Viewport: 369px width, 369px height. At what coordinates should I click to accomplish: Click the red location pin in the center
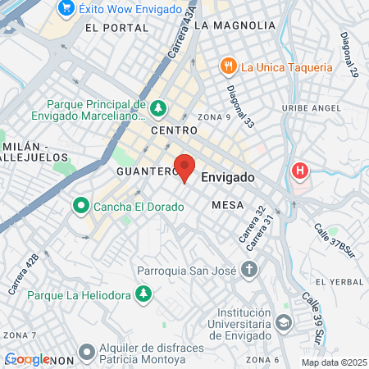(x=184, y=166)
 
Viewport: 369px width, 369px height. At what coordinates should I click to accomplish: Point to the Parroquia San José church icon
(x=249, y=269)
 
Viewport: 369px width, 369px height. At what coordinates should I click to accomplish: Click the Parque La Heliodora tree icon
(x=144, y=294)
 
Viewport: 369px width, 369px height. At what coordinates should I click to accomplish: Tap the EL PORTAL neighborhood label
(x=117, y=27)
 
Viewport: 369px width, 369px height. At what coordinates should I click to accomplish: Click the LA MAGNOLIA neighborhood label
(x=235, y=25)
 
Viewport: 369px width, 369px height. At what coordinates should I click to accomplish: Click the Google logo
(x=27, y=359)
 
